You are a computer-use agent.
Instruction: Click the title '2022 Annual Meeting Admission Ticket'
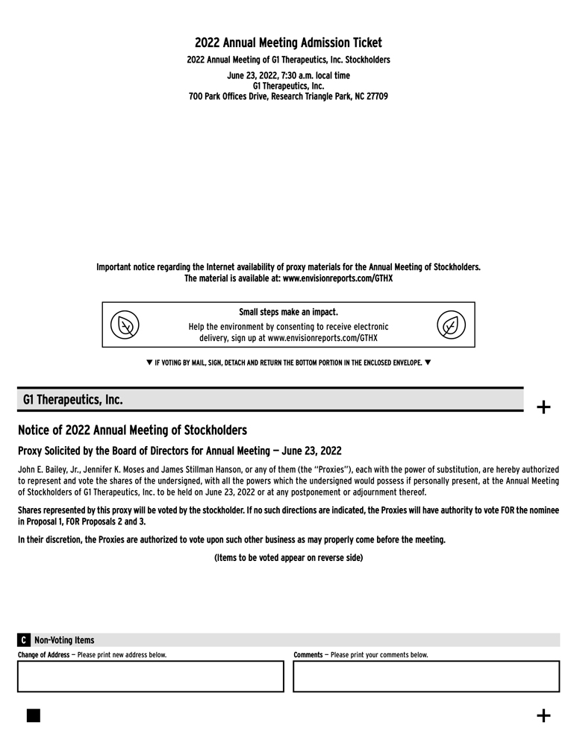click(288, 43)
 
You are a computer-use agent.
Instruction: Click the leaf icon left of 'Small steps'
click(125, 325)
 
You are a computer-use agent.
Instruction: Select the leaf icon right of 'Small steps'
click(451, 325)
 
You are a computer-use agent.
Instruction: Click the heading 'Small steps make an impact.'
click(288, 312)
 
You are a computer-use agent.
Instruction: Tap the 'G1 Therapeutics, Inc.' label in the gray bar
click(72, 400)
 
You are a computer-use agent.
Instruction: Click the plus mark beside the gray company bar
click(544, 407)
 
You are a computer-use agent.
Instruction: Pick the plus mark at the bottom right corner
click(544, 716)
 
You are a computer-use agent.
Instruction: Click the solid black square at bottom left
click(34, 715)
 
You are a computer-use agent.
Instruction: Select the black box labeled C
click(24, 640)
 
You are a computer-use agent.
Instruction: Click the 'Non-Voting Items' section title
click(64, 640)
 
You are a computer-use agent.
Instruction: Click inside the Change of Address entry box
click(150, 676)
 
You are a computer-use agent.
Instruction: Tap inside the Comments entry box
click(425, 676)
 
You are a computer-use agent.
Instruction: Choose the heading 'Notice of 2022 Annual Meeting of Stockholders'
click(132, 430)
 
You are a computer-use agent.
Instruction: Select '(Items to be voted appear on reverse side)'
click(288, 557)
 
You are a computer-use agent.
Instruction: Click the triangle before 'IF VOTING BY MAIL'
click(149, 363)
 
